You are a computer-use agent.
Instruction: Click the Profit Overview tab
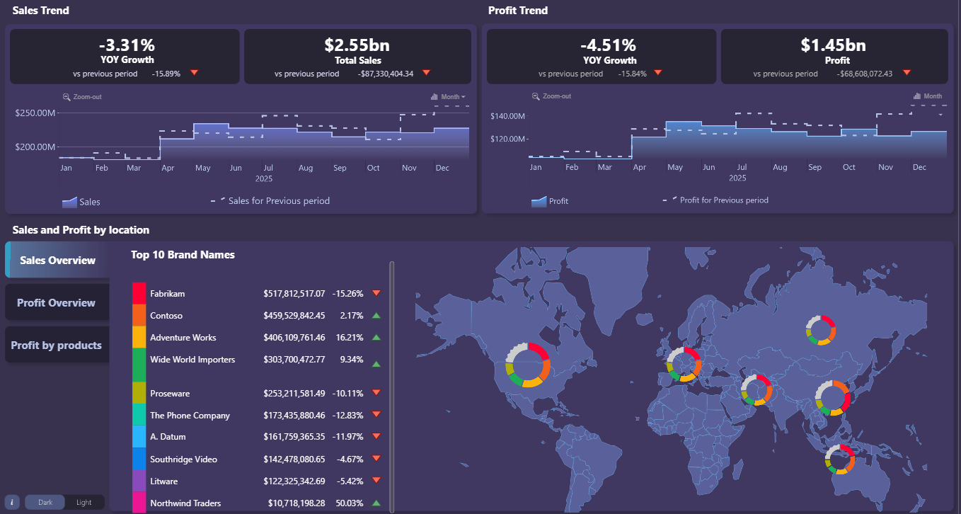pos(57,303)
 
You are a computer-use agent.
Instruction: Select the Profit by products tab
pos(57,345)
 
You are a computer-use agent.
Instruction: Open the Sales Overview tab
pos(57,260)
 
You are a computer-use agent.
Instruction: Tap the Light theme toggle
pos(84,503)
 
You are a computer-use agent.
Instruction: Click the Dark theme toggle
pos(45,503)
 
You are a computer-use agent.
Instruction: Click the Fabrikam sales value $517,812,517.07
pos(294,293)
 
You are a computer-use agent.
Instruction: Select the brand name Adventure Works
pos(183,338)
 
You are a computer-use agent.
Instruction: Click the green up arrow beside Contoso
pos(376,316)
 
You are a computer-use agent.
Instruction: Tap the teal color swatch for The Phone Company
pos(139,415)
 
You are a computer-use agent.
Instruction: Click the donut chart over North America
pos(528,365)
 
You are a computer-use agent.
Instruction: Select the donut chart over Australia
pos(840,459)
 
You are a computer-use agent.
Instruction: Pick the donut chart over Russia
pos(821,331)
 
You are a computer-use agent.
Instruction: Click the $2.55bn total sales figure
pos(357,45)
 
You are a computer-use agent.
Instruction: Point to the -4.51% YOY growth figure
pos(609,45)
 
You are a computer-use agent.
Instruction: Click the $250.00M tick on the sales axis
pos(35,113)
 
